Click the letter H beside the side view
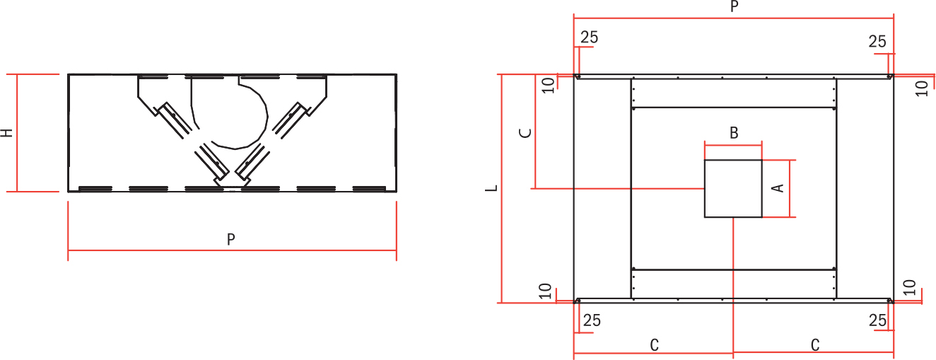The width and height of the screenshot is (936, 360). [x=7, y=133]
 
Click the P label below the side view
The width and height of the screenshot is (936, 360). [x=231, y=240]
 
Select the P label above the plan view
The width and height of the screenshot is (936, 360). [x=735, y=6]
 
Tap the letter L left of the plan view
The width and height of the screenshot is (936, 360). [x=492, y=188]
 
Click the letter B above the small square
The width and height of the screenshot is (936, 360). [x=734, y=133]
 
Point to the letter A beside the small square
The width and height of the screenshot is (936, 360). [x=778, y=188]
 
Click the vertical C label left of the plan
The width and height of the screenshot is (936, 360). [x=525, y=133]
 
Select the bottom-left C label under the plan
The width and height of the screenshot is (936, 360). [x=655, y=345]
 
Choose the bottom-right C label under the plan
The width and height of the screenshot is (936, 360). [x=815, y=345]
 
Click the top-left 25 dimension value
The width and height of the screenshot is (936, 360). [x=589, y=37]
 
